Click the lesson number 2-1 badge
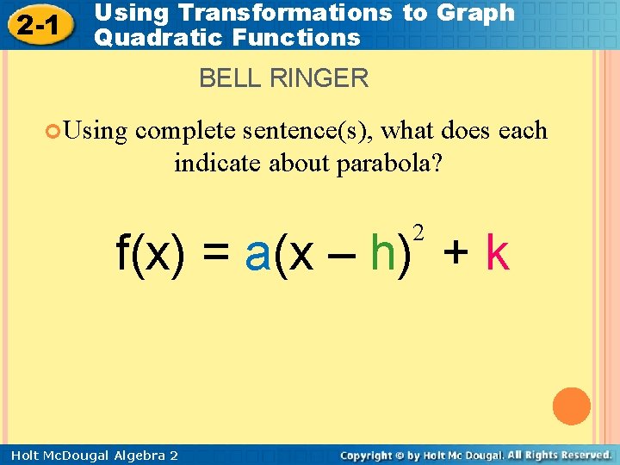click(38, 25)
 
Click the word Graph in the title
click(477, 13)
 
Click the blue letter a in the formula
click(258, 254)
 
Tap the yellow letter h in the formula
click(383, 254)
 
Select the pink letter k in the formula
click(498, 254)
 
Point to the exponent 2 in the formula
click(418, 232)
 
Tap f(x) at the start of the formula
click(151, 254)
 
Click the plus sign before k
click(456, 255)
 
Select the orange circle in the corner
click(572, 406)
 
